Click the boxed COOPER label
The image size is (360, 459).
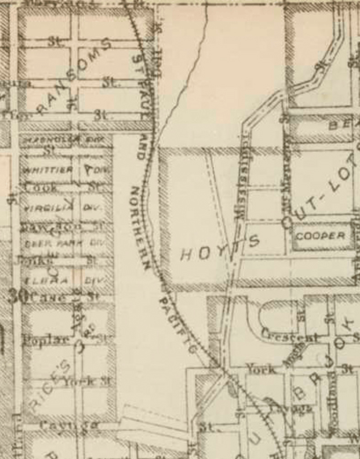(x=320, y=236)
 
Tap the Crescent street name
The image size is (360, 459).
(x=290, y=337)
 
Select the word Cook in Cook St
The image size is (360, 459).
(x=41, y=186)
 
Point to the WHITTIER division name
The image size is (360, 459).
(x=48, y=170)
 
